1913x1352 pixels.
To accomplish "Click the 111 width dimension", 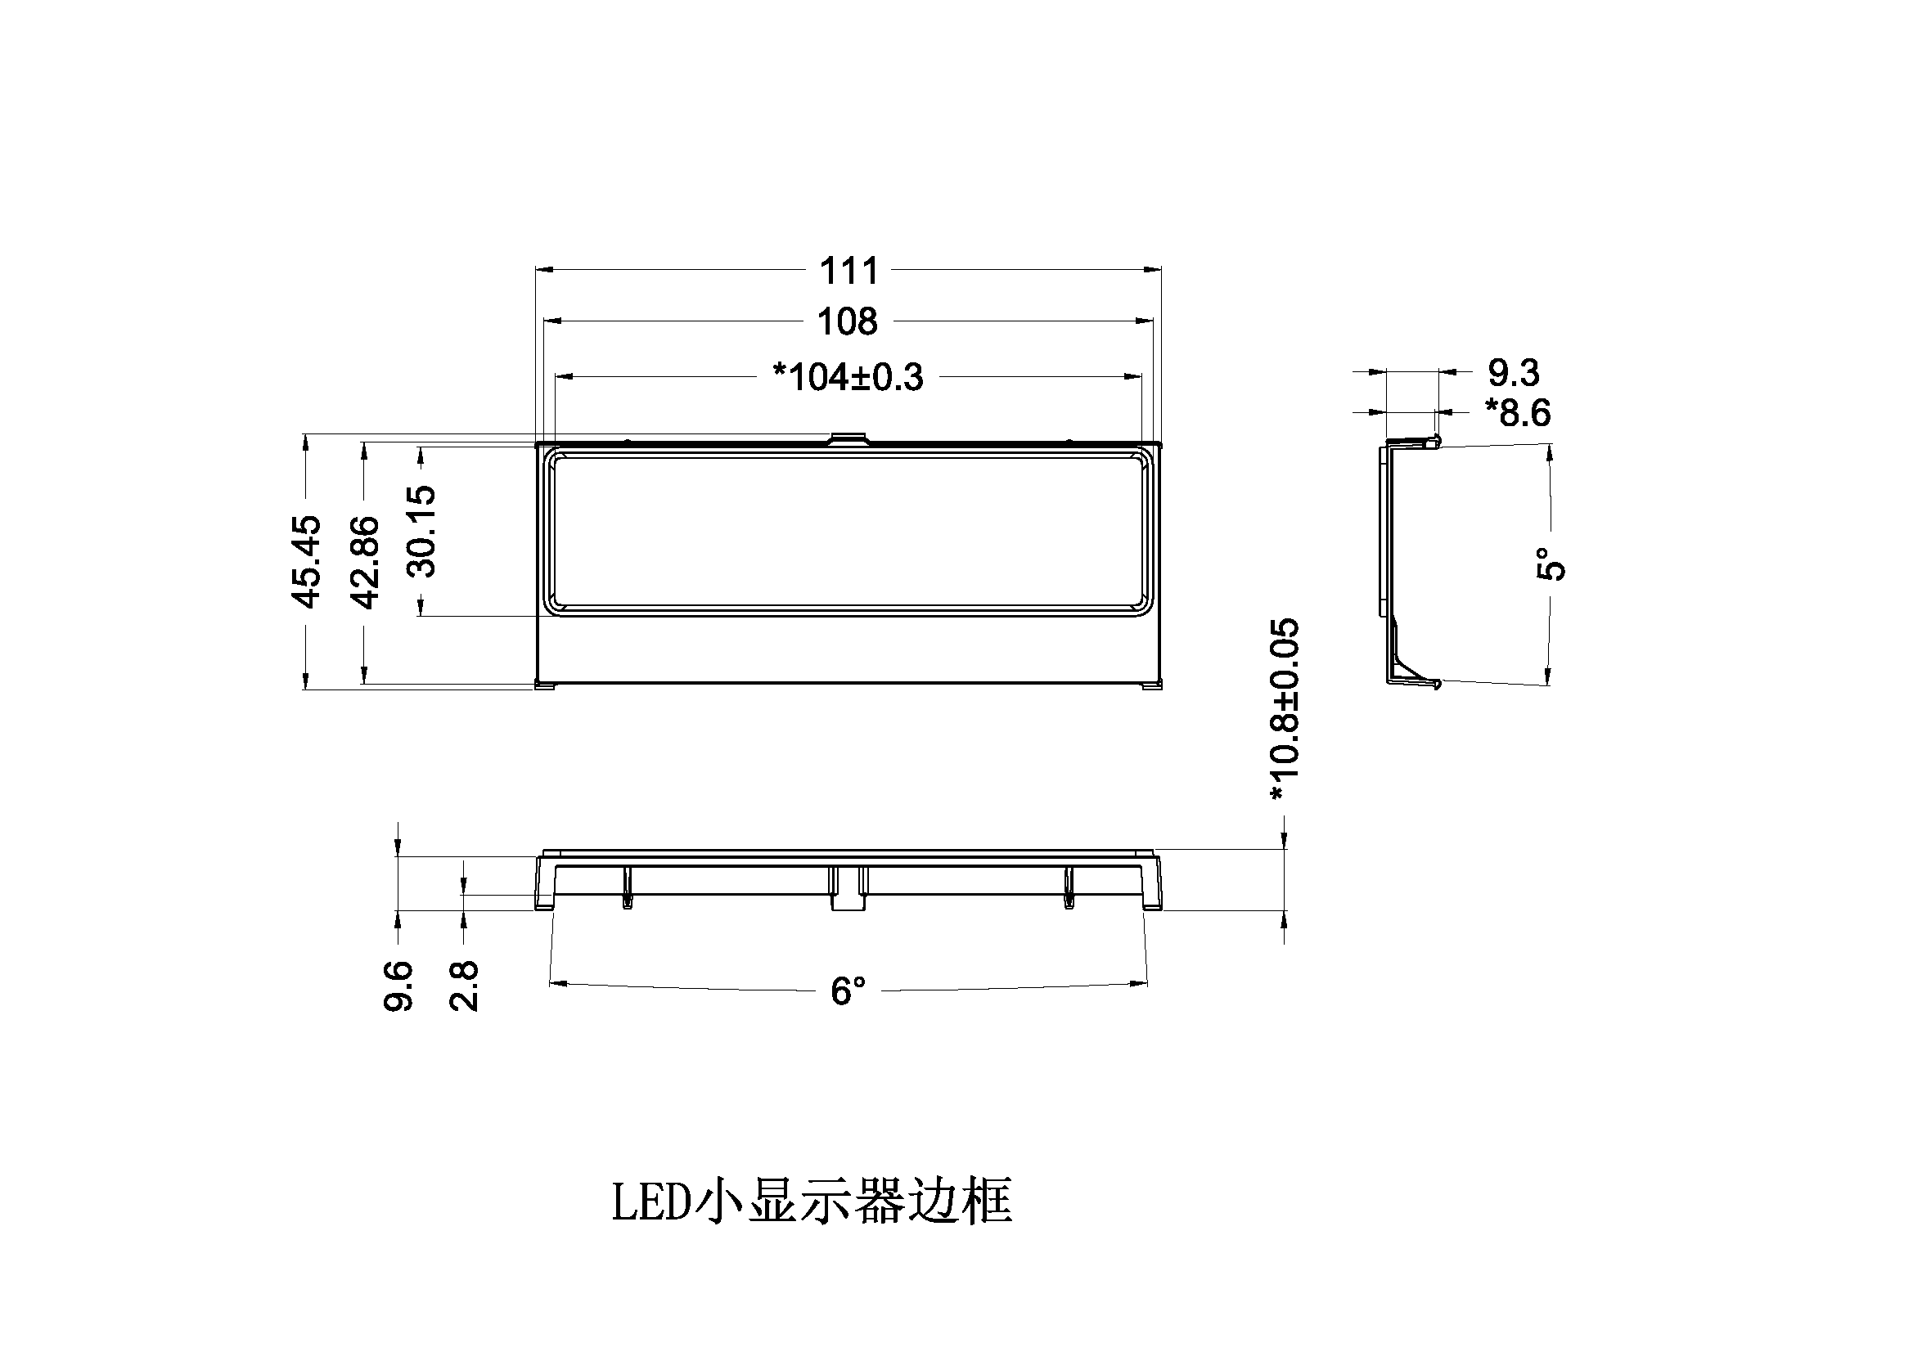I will (849, 271).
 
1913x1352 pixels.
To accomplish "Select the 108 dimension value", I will (848, 321).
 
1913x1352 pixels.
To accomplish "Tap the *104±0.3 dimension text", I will (848, 377).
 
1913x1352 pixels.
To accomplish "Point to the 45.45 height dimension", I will (306, 561).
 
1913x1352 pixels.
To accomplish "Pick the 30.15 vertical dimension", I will (421, 532).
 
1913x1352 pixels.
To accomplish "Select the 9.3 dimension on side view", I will (1513, 372).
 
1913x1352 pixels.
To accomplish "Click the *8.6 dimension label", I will (1517, 413).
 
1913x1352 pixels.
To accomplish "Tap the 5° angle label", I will (1551, 564).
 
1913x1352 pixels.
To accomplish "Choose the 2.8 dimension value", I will (464, 986).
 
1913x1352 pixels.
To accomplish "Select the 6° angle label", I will (848, 991).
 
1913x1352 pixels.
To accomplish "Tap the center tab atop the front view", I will (848, 438).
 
